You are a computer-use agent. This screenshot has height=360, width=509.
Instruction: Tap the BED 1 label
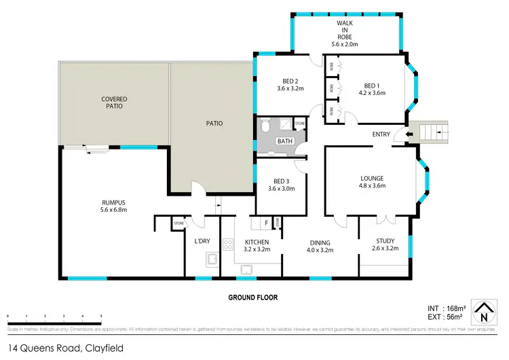(x=371, y=86)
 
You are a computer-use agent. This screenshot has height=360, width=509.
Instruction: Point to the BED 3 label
(x=279, y=181)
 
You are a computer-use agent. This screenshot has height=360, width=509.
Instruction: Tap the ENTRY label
(x=381, y=134)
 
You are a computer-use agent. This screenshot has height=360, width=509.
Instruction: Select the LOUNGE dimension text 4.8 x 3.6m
(x=372, y=185)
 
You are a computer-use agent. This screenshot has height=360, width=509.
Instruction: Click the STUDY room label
(x=385, y=241)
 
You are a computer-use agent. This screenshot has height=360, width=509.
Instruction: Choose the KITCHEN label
(x=257, y=242)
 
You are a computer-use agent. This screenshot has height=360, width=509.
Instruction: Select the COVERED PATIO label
(x=114, y=103)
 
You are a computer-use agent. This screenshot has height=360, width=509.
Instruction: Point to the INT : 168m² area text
(x=444, y=307)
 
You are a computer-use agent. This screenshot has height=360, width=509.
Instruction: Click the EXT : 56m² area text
(x=444, y=317)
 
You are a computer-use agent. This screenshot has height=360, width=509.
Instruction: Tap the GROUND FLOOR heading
(x=253, y=297)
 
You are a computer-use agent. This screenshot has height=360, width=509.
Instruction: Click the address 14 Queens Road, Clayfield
(x=65, y=348)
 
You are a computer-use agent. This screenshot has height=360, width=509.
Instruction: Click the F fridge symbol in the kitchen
(x=266, y=222)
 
